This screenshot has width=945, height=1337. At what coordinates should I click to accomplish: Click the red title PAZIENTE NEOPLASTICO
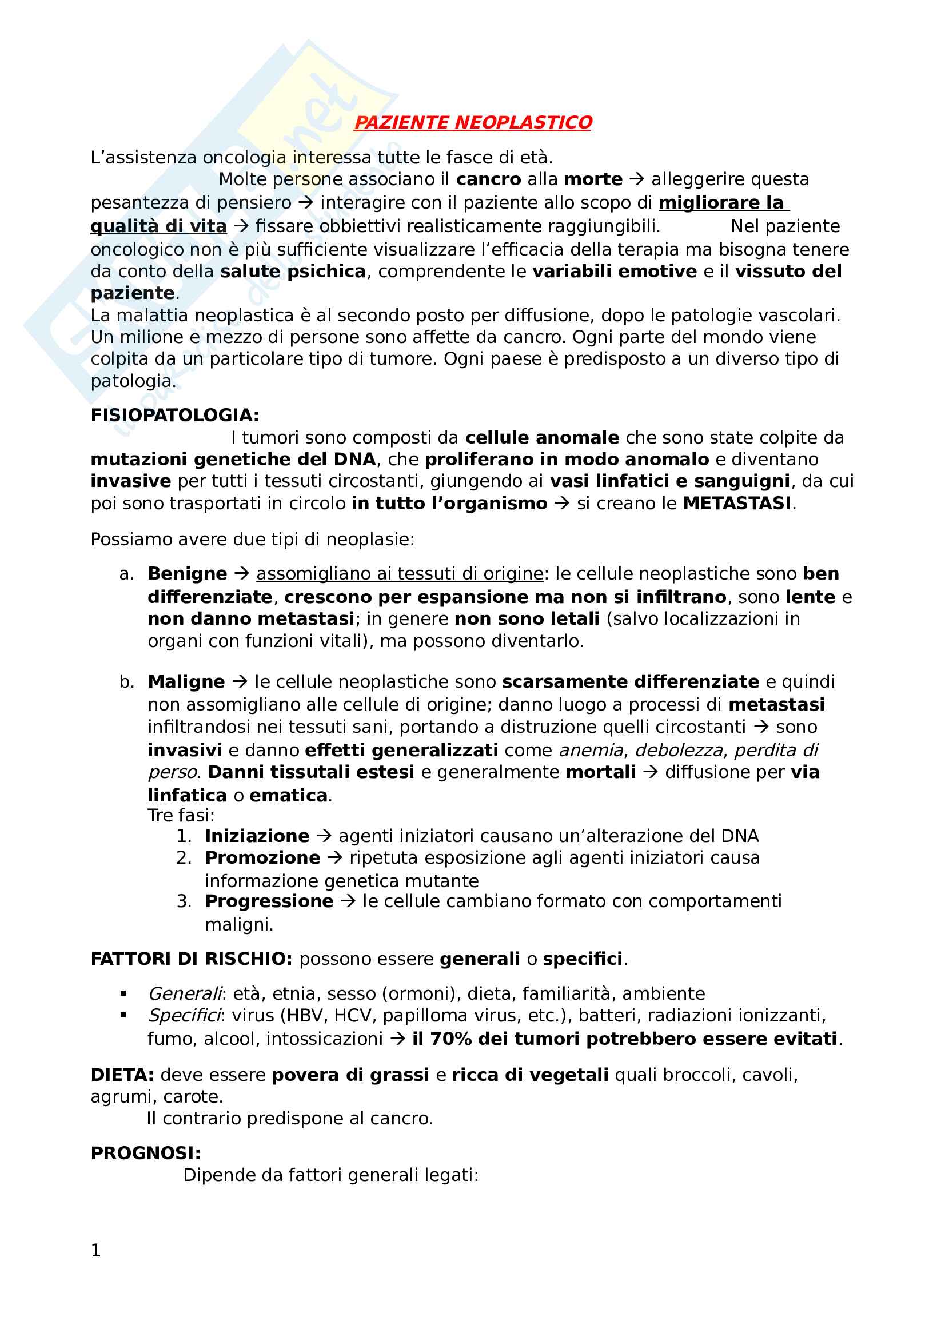(x=473, y=122)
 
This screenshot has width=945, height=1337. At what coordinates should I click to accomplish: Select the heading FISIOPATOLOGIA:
(x=175, y=415)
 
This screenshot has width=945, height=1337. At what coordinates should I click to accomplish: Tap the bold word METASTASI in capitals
(x=736, y=503)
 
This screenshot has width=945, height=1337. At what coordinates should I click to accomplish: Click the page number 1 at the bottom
(x=96, y=1250)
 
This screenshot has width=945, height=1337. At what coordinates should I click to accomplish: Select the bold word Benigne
(x=188, y=573)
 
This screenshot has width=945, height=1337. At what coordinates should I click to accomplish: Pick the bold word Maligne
(x=186, y=681)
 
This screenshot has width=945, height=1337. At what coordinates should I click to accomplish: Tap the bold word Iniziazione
(x=257, y=836)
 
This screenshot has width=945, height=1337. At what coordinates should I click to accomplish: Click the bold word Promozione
(x=262, y=858)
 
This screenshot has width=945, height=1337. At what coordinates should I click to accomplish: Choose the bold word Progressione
(x=269, y=901)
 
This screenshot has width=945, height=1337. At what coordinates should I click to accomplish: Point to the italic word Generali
(x=185, y=993)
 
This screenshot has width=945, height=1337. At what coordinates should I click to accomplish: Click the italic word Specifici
(x=184, y=1016)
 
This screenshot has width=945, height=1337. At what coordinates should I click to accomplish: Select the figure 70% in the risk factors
(x=449, y=1039)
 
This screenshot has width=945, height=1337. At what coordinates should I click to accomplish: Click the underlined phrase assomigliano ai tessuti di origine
(x=400, y=573)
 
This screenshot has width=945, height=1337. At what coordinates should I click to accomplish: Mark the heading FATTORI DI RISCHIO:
(x=192, y=959)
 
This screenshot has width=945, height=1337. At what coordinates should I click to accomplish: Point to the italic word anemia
(x=591, y=750)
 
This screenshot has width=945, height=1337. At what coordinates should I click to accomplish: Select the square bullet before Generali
(x=123, y=993)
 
